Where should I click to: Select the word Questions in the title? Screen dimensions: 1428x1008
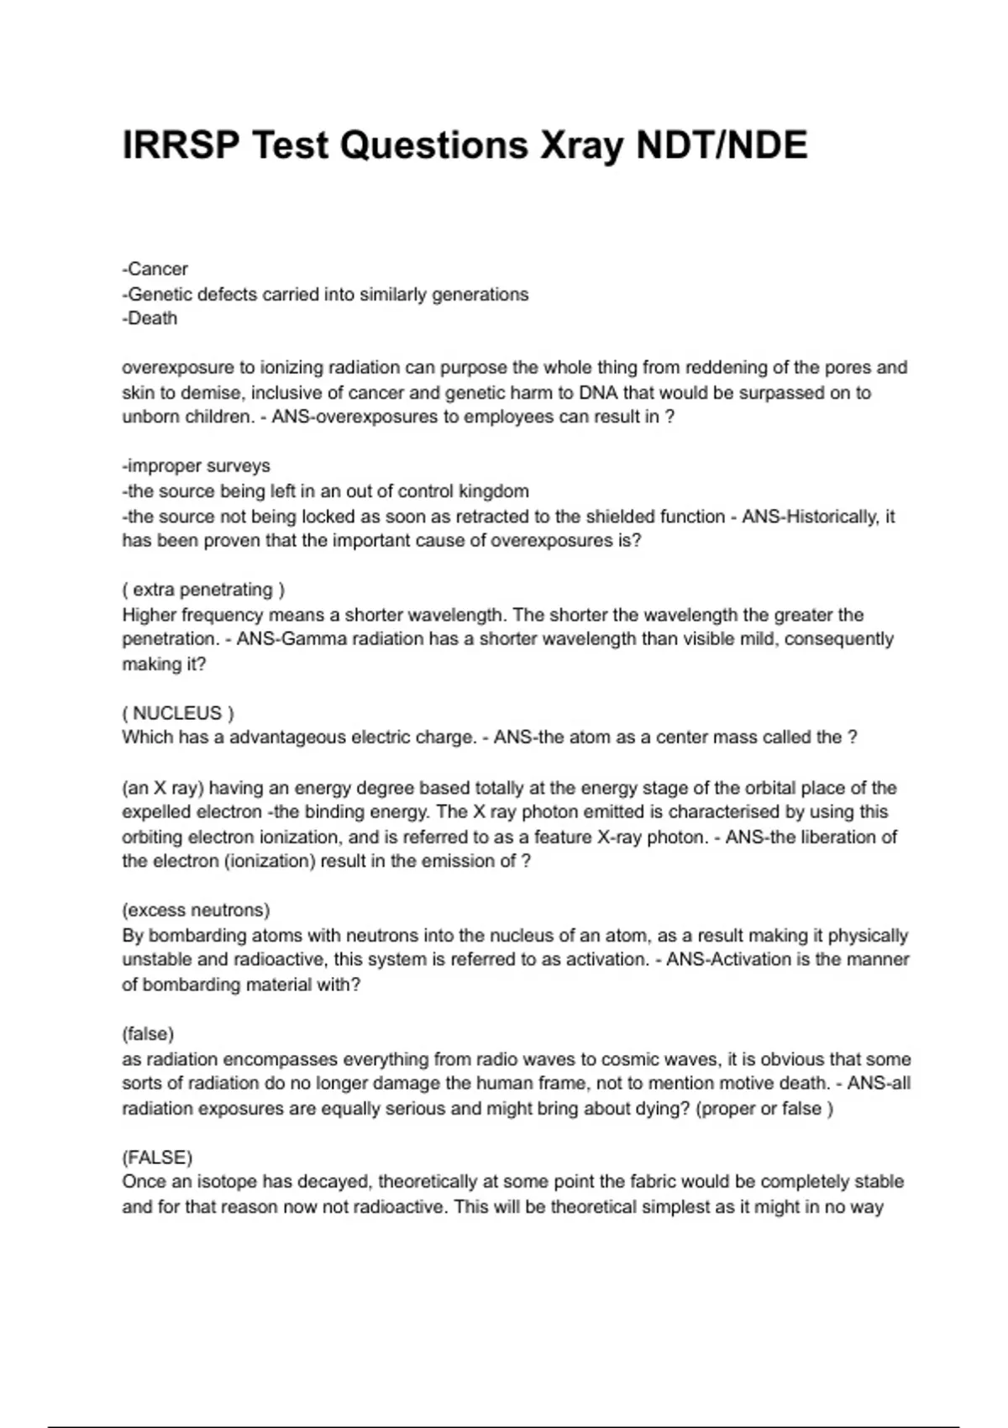(x=434, y=145)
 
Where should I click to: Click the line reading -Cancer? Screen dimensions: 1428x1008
(x=155, y=269)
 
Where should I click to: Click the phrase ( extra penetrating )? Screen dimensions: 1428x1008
(x=204, y=590)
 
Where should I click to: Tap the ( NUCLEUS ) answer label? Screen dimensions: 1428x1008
(x=178, y=713)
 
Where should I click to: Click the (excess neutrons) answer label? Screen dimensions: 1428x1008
(x=196, y=910)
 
